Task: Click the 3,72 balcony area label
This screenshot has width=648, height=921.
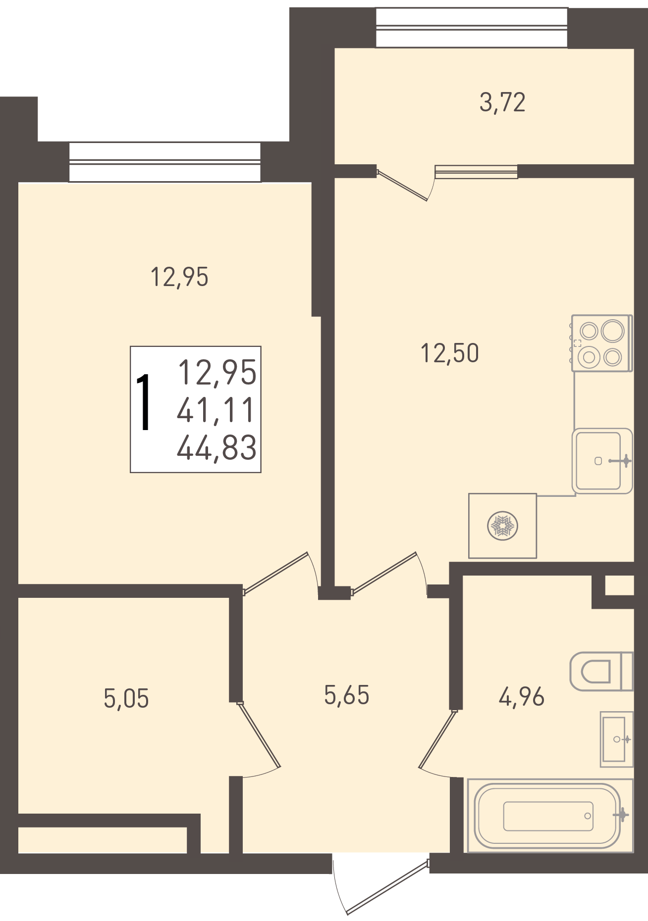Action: pos(502,102)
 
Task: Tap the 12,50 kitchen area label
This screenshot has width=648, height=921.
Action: pos(450,353)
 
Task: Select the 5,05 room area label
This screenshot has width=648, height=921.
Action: pos(126,698)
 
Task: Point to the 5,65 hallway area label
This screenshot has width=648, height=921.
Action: pos(347,695)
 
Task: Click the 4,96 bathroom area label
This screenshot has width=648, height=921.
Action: pos(522,697)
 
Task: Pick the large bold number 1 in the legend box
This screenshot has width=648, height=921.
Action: pos(144,402)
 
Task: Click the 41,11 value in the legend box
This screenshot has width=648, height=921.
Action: pos(216,410)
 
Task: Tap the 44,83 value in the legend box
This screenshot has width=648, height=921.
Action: pos(217,447)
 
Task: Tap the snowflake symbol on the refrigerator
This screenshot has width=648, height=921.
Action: pos(503,526)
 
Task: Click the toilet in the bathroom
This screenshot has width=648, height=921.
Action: pos(601,671)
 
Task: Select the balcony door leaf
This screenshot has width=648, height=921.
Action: pos(402,186)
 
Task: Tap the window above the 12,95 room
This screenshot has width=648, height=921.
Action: pos(164,162)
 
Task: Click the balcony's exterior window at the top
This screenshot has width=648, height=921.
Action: pos(472,27)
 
